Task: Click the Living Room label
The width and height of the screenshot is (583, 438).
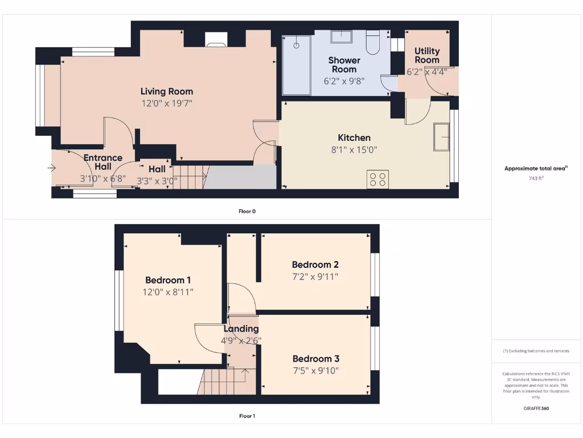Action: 167,91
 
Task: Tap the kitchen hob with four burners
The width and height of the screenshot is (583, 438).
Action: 377,179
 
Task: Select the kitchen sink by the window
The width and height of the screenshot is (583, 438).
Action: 441,137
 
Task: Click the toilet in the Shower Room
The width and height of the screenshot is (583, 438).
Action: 373,42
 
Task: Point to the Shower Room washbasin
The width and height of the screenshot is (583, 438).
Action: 341,36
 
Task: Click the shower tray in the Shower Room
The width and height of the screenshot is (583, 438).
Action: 296,65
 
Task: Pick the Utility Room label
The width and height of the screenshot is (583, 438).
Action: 427,55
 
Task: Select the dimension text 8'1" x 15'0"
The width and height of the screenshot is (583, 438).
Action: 354,150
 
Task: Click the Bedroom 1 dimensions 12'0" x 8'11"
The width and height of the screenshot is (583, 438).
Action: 168,292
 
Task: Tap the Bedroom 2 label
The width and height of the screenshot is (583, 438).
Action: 315,265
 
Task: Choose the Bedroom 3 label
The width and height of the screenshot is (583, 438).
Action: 316,359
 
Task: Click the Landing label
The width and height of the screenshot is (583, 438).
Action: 241,329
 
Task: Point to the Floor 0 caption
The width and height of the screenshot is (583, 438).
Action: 247,212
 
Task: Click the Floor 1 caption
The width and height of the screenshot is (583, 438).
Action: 247,416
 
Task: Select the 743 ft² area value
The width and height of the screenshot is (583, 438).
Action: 536,179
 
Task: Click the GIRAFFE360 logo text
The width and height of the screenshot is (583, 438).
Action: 536,408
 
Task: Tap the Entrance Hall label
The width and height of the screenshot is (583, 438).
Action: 103,162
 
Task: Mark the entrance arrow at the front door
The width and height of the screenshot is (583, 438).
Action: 52,168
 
